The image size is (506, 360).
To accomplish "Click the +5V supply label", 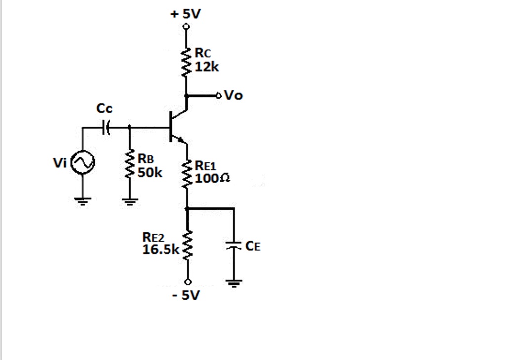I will pyautogui.click(x=186, y=14).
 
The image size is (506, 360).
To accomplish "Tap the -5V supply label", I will pyautogui.click(x=186, y=295).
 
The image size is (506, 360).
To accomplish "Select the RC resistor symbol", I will pyautogui.click(x=186, y=62).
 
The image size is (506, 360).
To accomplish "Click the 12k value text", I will pyautogui.click(x=207, y=67).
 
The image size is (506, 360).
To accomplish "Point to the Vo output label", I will pyautogui.click(x=234, y=95).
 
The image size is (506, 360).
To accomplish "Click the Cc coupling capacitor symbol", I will pyautogui.click(x=106, y=128).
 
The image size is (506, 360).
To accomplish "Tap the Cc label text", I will pyautogui.click(x=104, y=109).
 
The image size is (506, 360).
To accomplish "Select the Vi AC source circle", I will pyautogui.click(x=82, y=163).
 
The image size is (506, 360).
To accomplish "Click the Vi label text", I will pyautogui.click(x=60, y=163).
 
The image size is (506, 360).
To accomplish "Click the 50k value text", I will pyautogui.click(x=150, y=173).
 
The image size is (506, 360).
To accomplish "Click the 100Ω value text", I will pyautogui.click(x=212, y=178).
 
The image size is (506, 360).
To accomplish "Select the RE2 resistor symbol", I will pyautogui.click(x=187, y=245).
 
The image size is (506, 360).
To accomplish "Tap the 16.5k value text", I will pyautogui.click(x=161, y=250).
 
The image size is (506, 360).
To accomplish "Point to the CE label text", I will pyautogui.click(x=253, y=246).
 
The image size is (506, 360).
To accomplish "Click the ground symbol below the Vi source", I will pyautogui.click(x=82, y=200).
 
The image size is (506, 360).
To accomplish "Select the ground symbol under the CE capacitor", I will pyautogui.click(x=234, y=283).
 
